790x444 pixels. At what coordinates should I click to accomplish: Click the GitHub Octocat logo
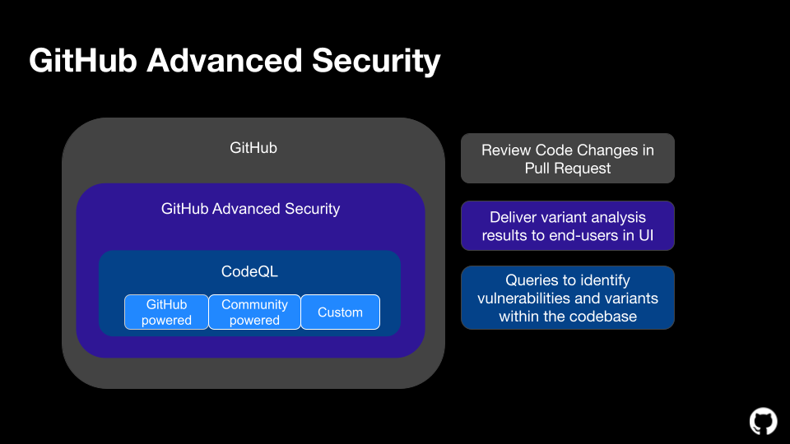(763, 421)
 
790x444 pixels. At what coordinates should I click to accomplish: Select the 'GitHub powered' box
(166, 312)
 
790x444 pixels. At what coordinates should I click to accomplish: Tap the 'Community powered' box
(254, 312)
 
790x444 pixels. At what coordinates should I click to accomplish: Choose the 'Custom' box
(340, 312)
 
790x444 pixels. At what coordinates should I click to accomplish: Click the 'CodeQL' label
(249, 271)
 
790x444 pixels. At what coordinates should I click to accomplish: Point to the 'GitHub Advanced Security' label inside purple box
(250, 209)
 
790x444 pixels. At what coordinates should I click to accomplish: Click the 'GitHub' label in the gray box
(253, 148)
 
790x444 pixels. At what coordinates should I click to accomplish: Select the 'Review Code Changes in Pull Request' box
(567, 159)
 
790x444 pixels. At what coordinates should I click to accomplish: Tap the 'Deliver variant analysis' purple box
(567, 226)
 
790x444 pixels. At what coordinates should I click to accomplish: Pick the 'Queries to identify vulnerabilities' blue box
(567, 298)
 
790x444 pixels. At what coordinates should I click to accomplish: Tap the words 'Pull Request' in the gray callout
(568, 168)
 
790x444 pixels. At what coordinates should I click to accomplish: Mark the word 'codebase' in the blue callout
(603, 316)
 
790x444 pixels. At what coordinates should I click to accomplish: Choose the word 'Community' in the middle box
(254, 304)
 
